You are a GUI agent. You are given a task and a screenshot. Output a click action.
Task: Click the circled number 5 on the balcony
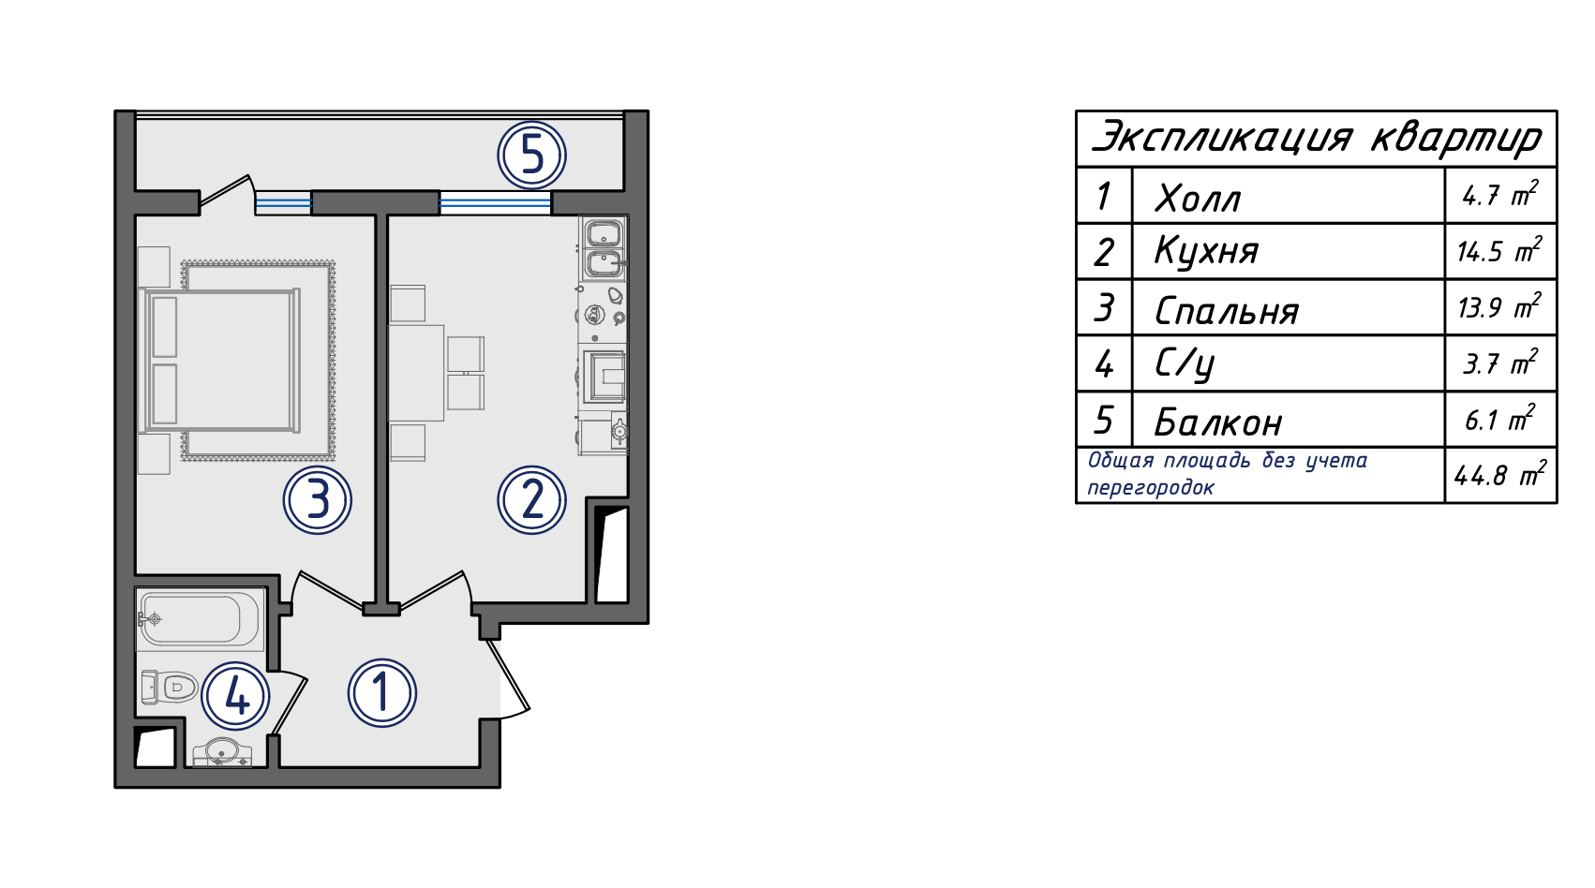point(532,155)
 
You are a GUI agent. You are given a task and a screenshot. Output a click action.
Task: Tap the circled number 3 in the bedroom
point(318,499)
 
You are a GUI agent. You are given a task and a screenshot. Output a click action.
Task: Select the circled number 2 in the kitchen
point(532,499)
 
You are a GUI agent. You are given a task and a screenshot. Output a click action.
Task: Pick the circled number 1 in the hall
point(382,693)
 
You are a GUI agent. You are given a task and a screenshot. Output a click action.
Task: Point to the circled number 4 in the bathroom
point(236,696)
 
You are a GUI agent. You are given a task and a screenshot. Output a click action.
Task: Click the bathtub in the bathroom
point(201,619)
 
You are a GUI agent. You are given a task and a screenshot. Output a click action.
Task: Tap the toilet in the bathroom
point(170,687)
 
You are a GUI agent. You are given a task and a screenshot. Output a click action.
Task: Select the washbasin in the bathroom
point(223,753)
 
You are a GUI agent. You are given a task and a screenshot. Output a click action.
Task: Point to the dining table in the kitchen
point(416,373)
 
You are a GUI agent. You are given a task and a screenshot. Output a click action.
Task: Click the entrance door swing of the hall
point(510,677)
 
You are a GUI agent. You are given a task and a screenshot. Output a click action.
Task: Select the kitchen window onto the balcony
point(495,203)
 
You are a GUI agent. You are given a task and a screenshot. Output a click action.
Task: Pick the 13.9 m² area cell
point(1498,306)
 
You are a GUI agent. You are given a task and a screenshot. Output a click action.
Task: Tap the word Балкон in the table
point(1217,422)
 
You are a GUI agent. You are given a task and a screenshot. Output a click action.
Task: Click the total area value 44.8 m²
point(1499,475)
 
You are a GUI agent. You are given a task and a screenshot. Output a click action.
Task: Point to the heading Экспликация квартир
point(1317,138)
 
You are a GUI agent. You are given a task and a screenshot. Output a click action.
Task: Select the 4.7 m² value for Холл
point(1499,194)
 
